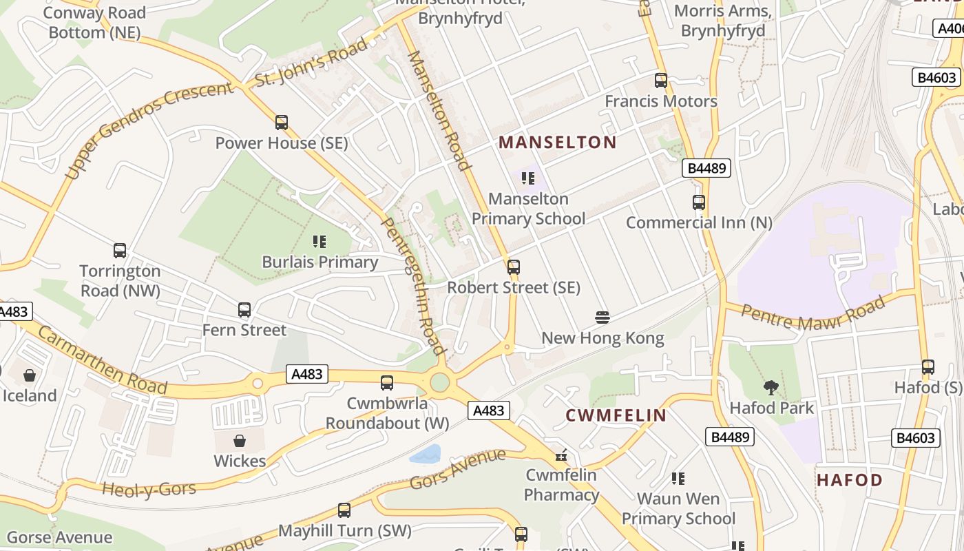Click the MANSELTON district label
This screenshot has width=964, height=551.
pyautogui.click(x=557, y=143)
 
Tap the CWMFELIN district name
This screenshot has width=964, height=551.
pyautogui.click(x=616, y=415)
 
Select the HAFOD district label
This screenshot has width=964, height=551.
pyautogui.click(x=849, y=480)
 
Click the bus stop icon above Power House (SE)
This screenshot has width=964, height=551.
pyautogui.click(x=281, y=123)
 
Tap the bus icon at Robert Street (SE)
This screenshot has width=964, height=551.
pyautogui.click(x=514, y=267)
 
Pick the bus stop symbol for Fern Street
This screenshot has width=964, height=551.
pyautogui.click(x=244, y=310)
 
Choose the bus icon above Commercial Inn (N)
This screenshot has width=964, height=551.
pyautogui.click(x=699, y=202)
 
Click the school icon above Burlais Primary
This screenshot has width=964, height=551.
pyautogui.click(x=319, y=242)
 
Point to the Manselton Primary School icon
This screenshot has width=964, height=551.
pyautogui.click(x=528, y=179)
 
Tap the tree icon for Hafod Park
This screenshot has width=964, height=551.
pyautogui.click(x=771, y=388)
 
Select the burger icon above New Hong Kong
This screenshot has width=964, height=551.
pyautogui.click(x=602, y=318)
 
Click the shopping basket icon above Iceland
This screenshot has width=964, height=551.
pyautogui.click(x=30, y=375)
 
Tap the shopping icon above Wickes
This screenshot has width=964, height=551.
pyautogui.click(x=240, y=440)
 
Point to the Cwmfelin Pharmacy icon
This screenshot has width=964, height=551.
pyautogui.click(x=562, y=455)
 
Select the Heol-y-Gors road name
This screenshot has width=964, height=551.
pyautogui.click(x=149, y=490)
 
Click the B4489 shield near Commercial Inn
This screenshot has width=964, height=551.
pyautogui.click(x=706, y=168)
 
